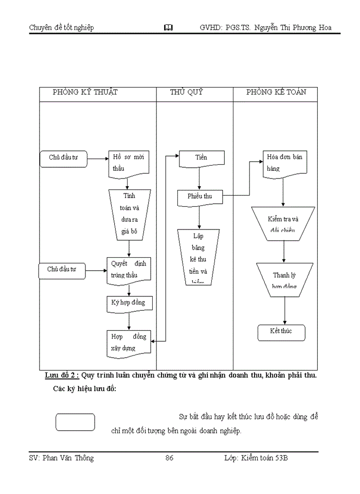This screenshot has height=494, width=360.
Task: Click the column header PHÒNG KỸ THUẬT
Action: (x=85, y=93)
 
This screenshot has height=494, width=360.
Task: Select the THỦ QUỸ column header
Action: (x=187, y=93)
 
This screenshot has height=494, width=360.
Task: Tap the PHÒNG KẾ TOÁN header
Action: (x=276, y=93)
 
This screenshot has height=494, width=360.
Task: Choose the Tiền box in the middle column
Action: (x=201, y=158)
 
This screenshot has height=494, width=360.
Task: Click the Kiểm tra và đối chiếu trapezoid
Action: (x=283, y=224)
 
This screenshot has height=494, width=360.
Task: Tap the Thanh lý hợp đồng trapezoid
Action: (x=284, y=279)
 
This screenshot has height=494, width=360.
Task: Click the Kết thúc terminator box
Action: (x=281, y=332)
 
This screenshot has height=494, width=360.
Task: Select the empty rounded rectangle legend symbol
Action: (x=75, y=422)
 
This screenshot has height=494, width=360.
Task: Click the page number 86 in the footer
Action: (x=169, y=458)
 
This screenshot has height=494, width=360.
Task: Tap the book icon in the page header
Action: (x=169, y=28)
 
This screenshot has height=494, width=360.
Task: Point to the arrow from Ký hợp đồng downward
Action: (x=129, y=321)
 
